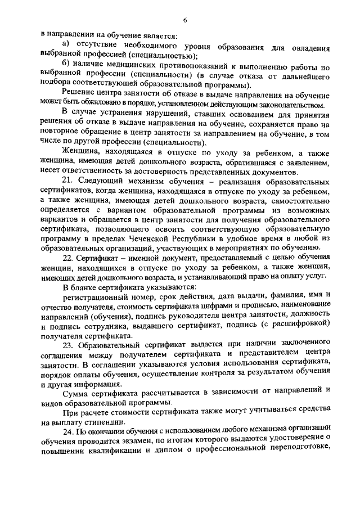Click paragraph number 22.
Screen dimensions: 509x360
coord(68,256)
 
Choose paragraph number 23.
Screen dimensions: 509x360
coord(69,345)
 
